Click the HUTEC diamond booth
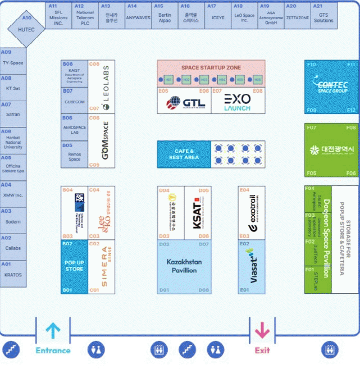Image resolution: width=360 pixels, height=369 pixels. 26,28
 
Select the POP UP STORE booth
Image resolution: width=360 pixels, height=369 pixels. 74,266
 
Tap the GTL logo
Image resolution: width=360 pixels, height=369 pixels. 186,103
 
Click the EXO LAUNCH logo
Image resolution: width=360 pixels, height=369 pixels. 237,102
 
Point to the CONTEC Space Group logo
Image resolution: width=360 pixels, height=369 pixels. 331,86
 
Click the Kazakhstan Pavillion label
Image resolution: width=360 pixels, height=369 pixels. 184,266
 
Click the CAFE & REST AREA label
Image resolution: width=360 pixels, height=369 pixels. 184,154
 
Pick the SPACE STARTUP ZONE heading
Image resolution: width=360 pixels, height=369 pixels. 211,67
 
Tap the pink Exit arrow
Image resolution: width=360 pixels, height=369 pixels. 262,330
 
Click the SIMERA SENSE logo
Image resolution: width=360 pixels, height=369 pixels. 103,266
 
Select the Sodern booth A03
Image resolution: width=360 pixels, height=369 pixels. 13,221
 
